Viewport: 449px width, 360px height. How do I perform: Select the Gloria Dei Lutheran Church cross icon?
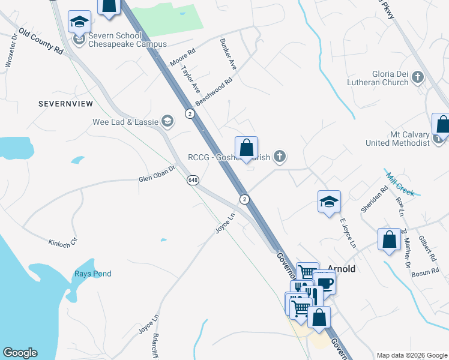point(417,77)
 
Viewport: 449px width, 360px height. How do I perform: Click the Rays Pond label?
point(92,274)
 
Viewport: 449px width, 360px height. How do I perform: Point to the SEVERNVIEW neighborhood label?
point(65,104)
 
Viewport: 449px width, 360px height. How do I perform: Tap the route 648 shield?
point(193,180)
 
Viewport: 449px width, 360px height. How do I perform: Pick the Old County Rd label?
point(41,41)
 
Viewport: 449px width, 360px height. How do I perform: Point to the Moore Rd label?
point(182,58)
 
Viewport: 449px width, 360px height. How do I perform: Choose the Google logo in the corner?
point(20,353)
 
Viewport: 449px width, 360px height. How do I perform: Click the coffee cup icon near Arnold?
point(325,283)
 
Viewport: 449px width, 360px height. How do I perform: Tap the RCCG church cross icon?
point(279,157)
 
